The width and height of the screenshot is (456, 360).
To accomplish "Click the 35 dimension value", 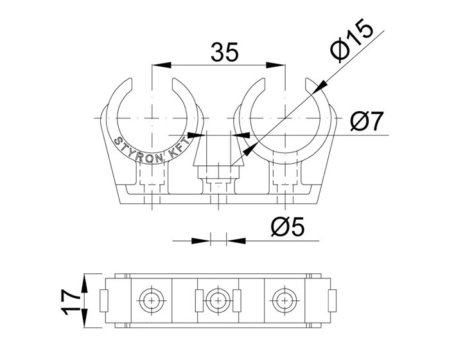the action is click(x=225, y=52).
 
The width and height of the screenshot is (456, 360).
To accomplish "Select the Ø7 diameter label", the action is click(x=367, y=121).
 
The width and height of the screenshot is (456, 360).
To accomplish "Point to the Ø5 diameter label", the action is click(x=288, y=226).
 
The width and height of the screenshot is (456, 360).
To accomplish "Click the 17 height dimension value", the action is click(x=71, y=301).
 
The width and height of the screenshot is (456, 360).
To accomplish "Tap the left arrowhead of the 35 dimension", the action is click(x=161, y=65).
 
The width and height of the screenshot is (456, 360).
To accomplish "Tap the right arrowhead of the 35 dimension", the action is click(x=276, y=65).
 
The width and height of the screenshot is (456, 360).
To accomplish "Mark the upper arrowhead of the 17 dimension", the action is click(x=84, y=283).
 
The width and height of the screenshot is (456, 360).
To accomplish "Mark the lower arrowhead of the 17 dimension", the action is click(x=84, y=318).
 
